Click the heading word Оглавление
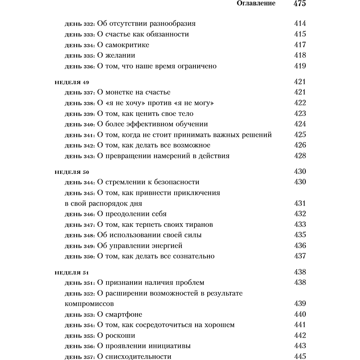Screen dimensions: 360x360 (256, 4)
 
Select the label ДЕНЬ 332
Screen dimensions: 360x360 (80, 24)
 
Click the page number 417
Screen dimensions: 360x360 (300, 45)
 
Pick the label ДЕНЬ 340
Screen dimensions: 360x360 (80, 125)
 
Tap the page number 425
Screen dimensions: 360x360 (300, 135)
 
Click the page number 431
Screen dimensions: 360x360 (300, 203)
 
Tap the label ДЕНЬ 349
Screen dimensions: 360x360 (80, 246)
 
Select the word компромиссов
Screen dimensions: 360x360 (90, 303)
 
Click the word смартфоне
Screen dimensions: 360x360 (124, 314)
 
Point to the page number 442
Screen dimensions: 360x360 (300, 336)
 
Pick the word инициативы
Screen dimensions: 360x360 (171, 346)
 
